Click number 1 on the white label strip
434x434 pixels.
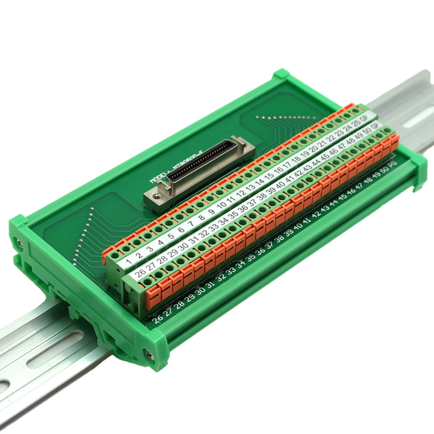[x=129, y=261]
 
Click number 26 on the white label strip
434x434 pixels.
[x=141, y=272]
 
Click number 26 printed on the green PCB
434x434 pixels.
[x=158, y=319]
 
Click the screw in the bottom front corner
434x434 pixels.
[x=148, y=355]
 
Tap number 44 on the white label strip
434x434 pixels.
[x=316, y=161]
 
